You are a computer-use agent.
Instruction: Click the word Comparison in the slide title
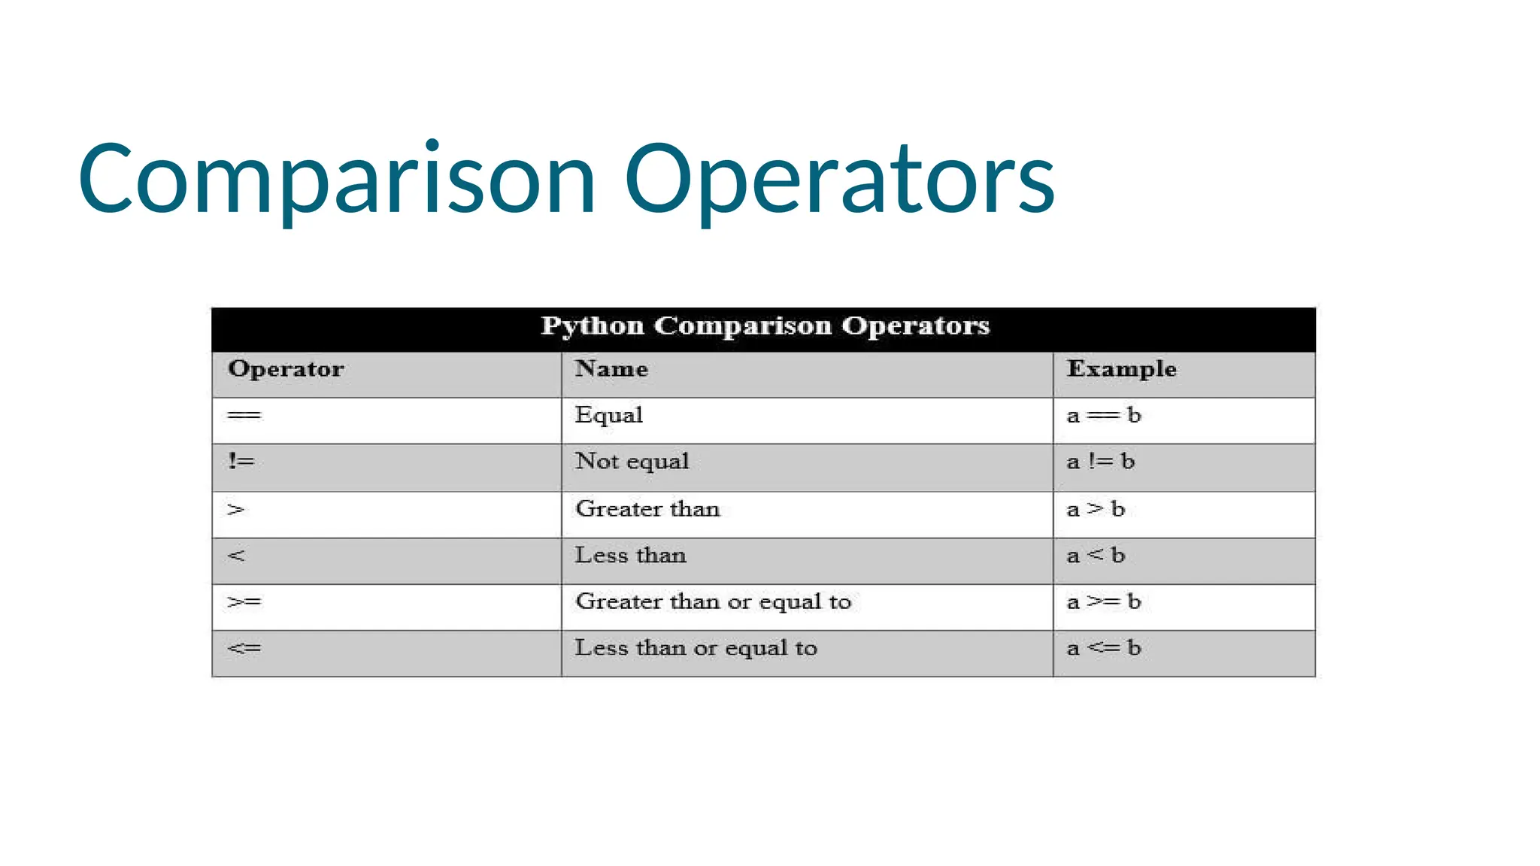337,180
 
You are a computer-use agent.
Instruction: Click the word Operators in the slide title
839,180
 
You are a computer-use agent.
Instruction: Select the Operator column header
286,369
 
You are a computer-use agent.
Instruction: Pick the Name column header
611,369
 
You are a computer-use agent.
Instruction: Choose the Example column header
1121,369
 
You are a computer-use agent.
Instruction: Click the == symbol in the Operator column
244,416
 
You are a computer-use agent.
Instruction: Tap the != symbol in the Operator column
241,461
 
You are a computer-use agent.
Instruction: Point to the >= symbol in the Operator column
244,601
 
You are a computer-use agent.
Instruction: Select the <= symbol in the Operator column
244,648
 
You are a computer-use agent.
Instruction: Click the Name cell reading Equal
608,416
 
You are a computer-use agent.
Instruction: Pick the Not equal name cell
632,462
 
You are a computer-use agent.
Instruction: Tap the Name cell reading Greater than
647,509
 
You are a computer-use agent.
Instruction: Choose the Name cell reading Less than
630,556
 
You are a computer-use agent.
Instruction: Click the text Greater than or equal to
713,601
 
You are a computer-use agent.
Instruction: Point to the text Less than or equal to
696,648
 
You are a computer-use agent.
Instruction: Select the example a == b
1103,416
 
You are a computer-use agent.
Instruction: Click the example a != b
1100,462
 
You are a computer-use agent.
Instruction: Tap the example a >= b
1103,601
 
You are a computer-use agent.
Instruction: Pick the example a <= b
1103,648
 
